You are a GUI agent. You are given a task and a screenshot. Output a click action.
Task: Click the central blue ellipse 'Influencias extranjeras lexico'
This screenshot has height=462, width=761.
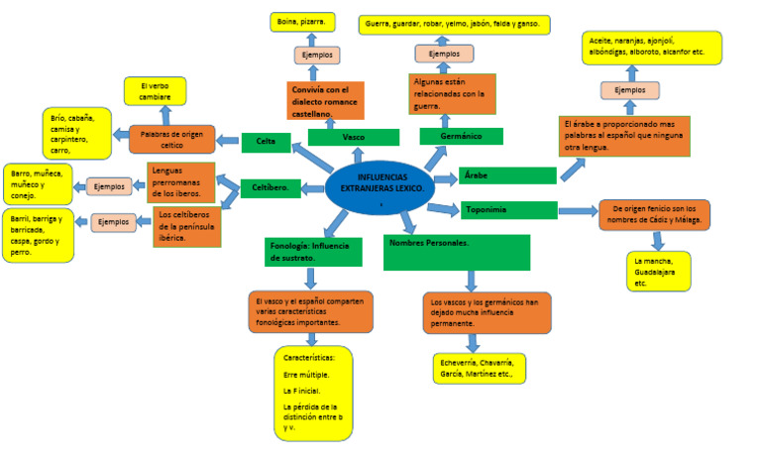pos(381,185)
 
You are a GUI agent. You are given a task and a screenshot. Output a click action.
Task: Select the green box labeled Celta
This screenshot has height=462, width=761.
pos(266,143)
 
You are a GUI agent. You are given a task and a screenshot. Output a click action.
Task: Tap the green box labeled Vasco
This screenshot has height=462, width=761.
pos(353,138)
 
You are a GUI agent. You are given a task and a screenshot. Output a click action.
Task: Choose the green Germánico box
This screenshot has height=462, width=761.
pos(461,137)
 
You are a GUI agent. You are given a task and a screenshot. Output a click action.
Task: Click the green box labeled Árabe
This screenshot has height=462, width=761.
pos(507,175)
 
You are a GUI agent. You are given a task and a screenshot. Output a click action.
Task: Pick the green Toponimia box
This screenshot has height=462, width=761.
pos(508,209)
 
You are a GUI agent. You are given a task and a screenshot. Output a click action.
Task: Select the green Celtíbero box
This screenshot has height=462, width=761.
pos(271,188)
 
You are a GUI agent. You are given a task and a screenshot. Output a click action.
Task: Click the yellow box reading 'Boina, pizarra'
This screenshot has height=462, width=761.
pos(302,21)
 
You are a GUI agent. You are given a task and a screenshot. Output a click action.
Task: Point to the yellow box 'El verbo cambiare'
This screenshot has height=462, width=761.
pos(155,91)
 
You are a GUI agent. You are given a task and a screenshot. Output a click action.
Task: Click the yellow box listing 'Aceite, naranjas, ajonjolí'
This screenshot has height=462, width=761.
pos(653,48)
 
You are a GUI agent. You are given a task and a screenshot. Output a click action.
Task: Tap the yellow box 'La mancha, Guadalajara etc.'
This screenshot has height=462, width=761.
pos(658,272)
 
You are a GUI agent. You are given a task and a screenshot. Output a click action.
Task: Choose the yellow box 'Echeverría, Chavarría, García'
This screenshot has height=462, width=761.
pos(479,368)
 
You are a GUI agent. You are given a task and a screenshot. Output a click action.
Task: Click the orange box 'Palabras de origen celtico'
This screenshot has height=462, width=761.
pos(171,139)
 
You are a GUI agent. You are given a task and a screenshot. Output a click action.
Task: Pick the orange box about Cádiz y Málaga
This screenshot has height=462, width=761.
pos(654,215)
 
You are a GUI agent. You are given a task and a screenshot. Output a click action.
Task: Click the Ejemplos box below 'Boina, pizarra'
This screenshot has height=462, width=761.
pos(317,55)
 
